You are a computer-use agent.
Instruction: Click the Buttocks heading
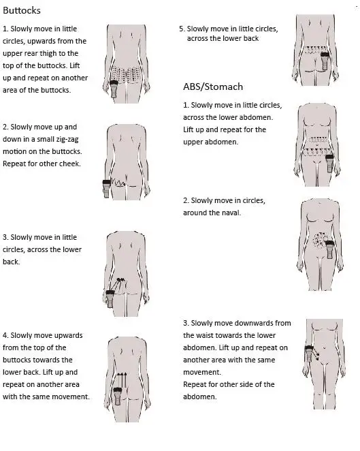[x=22, y=11]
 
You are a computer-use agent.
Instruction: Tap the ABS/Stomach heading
[x=213, y=87]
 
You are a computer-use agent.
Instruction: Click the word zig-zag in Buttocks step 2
[x=67, y=140]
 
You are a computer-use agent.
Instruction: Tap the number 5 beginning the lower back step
[x=181, y=29]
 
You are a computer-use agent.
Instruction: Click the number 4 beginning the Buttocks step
[x=5, y=335]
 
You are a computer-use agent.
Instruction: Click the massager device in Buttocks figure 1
[x=114, y=89]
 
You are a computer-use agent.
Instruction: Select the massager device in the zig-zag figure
[x=107, y=188]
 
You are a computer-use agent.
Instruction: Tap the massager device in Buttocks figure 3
[x=110, y=298]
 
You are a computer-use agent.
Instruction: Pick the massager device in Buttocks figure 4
[x=118, y=396]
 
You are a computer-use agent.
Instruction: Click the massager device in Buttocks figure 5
[x=325, y=61]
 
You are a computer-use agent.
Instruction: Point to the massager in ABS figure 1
[x=329, y=163]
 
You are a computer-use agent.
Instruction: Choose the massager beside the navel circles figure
[x=329, y=249]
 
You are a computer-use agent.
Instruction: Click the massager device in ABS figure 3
[x=309, y=354]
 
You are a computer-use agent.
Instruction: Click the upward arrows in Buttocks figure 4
[x=122, y=380]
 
